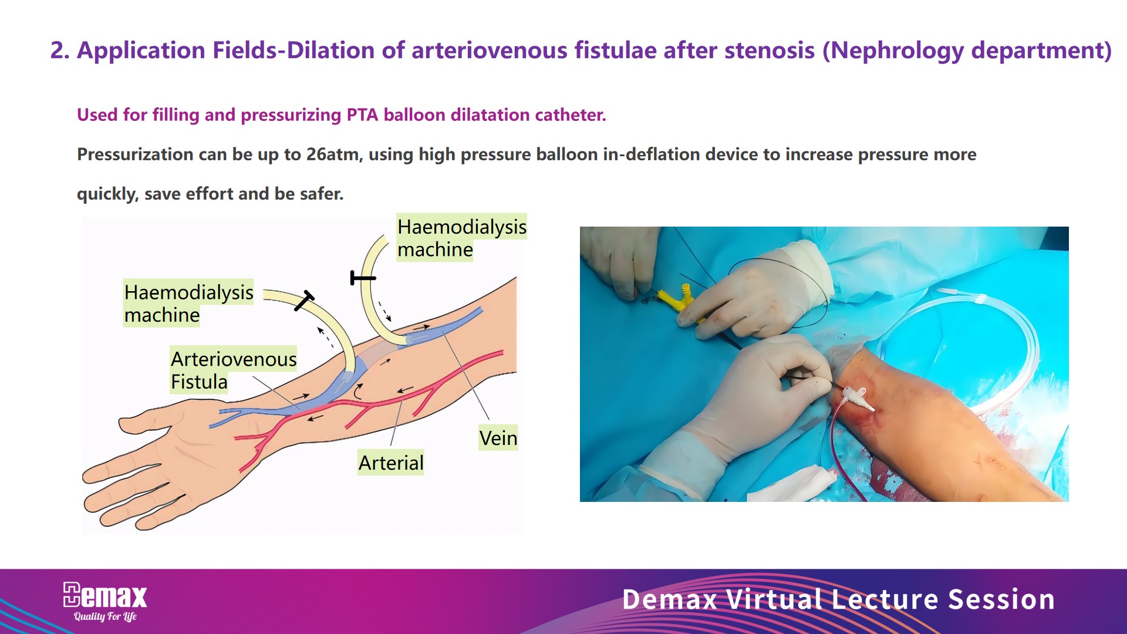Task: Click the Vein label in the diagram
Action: click(498, 438)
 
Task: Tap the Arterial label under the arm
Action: click(391, 463)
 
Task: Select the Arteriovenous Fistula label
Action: click(234, 370)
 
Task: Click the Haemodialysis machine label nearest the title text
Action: click(462, 238)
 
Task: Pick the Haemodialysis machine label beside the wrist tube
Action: click(188, 303)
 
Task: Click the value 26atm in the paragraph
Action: click(334, 154)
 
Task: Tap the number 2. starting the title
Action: click(60, 50)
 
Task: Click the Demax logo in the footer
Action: click(105, 596)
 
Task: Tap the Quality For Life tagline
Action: click(105, 616)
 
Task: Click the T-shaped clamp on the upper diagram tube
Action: click(362, 278)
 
